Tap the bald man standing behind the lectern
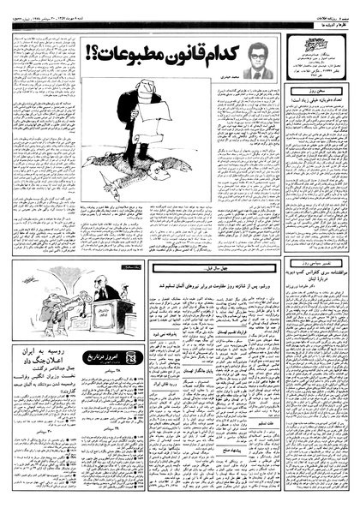[107, 291]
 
